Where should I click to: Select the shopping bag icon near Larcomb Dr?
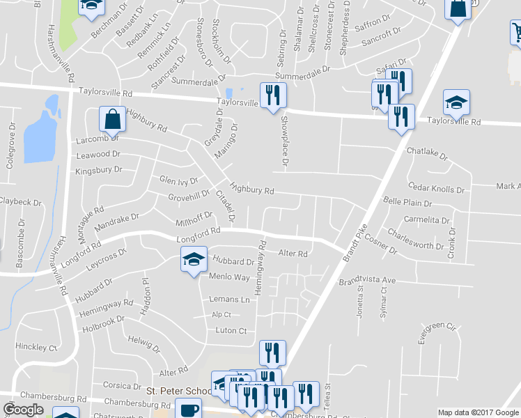111,119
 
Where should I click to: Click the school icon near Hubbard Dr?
194,260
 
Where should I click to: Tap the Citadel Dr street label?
228,205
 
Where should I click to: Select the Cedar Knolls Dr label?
436,188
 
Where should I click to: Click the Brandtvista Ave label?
367,281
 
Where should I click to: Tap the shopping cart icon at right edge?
516,32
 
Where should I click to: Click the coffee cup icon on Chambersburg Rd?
188,410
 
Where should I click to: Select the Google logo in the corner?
23,410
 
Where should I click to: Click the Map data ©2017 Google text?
478,412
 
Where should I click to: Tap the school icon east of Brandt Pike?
456,103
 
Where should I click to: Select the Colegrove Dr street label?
10,148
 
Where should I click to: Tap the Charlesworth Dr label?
415,240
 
